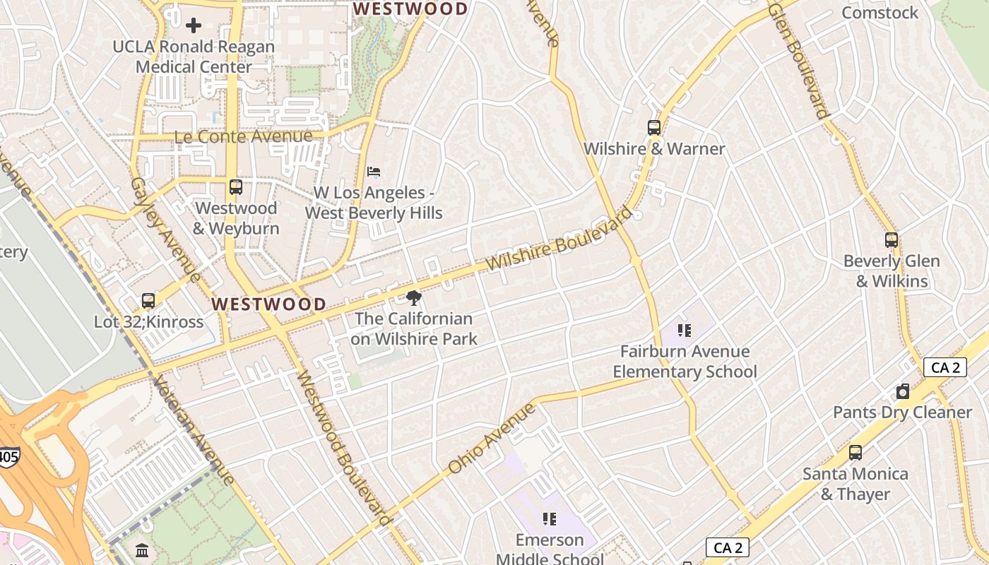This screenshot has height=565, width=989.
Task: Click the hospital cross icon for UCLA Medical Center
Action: pos(193,26)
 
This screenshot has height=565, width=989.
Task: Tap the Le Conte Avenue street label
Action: pos(244,136)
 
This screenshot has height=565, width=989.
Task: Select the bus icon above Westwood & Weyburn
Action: pos(236,187)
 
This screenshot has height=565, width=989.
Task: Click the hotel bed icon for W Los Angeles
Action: pos(374,172)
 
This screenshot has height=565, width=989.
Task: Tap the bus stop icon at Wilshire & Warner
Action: pos(654,128)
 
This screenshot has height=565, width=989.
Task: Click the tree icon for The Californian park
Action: pos(414,298)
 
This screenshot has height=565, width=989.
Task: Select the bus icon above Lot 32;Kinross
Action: pos(148,301)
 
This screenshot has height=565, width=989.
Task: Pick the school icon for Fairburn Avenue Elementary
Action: pos(684,331)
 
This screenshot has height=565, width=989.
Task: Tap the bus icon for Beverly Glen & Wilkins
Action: pos(892,240)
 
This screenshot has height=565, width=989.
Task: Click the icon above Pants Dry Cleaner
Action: pos(902,391)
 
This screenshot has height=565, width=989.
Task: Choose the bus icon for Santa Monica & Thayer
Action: pos(855,453)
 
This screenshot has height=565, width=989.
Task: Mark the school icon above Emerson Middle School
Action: pos(550,519)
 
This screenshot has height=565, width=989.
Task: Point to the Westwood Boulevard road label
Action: pos(343,449)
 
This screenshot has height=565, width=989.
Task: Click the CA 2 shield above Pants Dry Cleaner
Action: pos(944,367)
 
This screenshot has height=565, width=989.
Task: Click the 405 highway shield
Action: pos(9,457)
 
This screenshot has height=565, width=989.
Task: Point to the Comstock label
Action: pos(880,13)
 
